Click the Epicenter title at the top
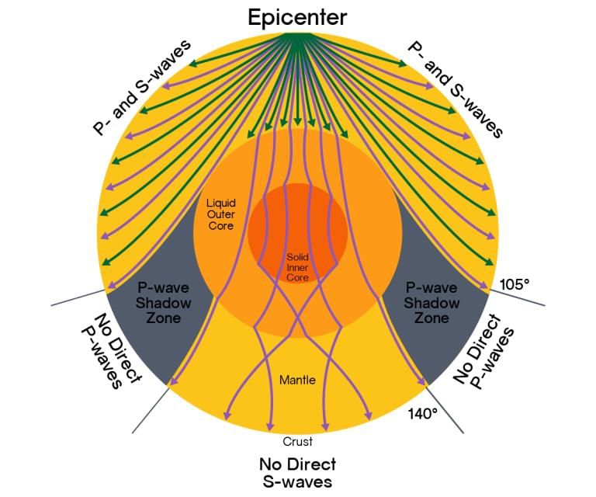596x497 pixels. click(297, 17)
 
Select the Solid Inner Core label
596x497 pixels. click(297, 266)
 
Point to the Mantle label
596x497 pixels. click(298, 381)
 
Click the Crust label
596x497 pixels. click(298, 441)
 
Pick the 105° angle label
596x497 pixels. click(514, 284)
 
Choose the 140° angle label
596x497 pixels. click(423, 413)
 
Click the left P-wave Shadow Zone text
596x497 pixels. click(164, 302)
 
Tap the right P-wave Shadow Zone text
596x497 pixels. click(432, 302)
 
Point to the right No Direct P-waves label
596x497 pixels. click(483, 348)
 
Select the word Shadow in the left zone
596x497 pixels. click(164, 302)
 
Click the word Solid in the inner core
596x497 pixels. click(297, 256)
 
